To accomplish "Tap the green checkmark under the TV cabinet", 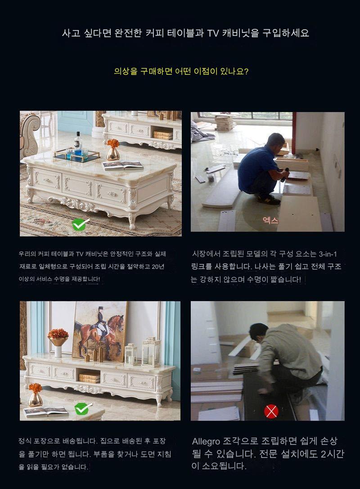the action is coord(83,408).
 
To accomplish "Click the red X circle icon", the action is coord(271,412).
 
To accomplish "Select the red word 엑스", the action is coord(270,220).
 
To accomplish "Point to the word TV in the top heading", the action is coord(213,33).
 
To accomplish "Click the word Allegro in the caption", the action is coord(206,441).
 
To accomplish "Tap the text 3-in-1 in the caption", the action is coord(328,254).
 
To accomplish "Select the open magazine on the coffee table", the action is coord(123,165).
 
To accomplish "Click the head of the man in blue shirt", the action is coord(276,141).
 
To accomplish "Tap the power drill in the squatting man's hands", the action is coord(284,175).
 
